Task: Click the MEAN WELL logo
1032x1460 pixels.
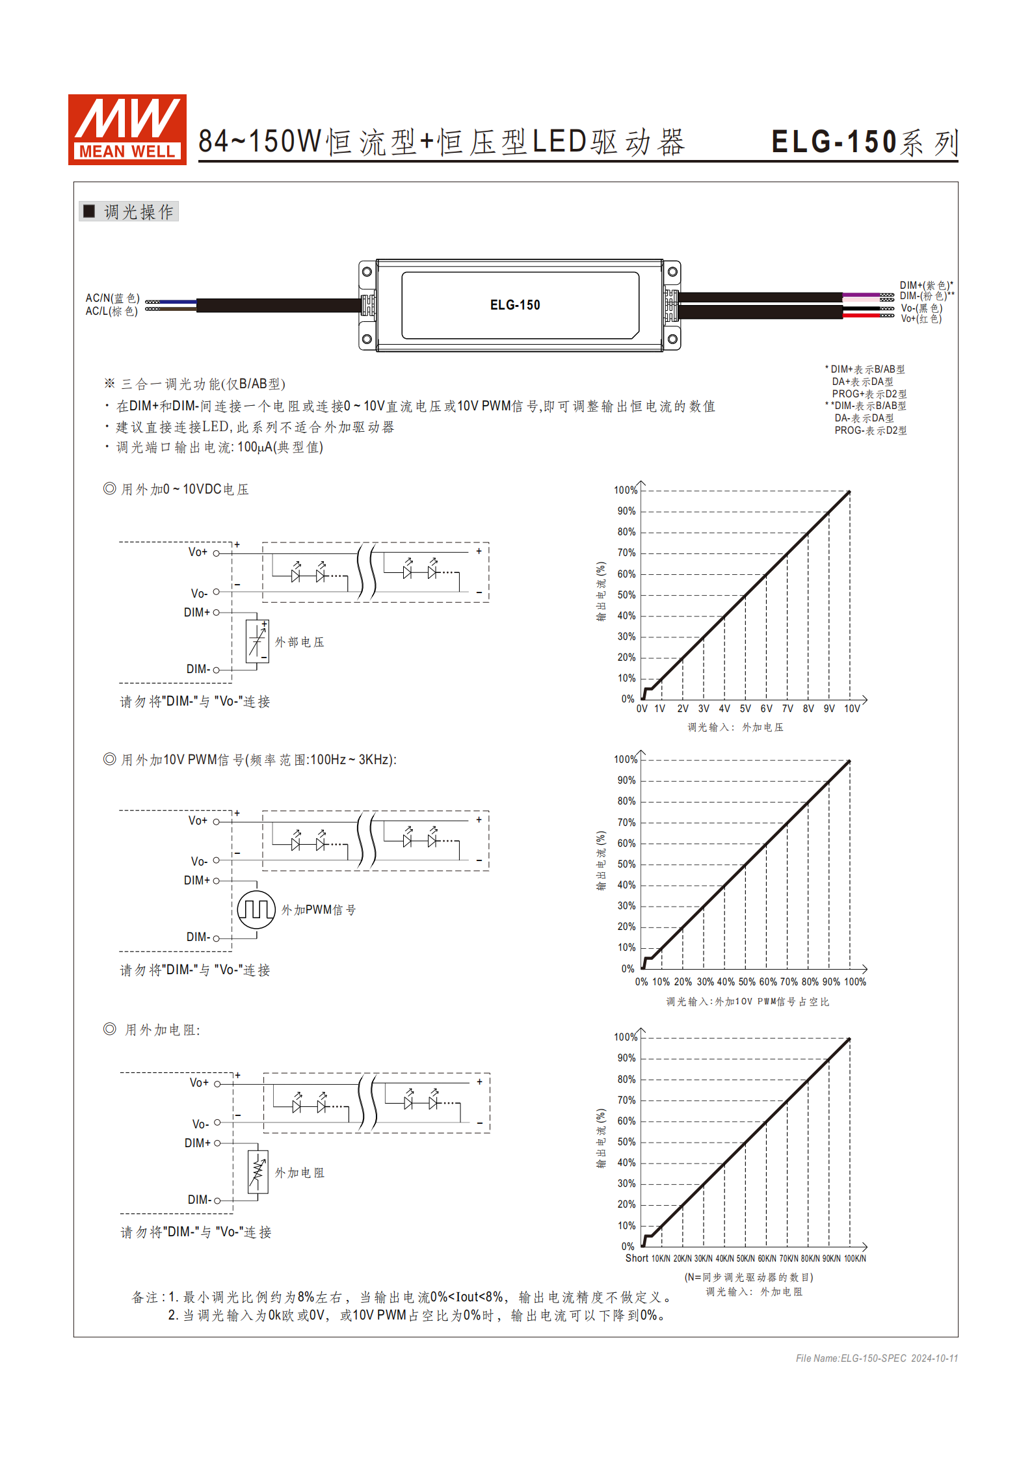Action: pos(127,129)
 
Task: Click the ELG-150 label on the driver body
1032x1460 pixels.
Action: pos(514,305)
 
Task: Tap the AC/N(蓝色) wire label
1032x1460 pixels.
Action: pos(112,298)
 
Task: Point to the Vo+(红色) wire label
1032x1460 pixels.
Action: pos(921,319)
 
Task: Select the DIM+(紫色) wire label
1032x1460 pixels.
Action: pos(925,285)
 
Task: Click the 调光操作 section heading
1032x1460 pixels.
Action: pos(138,212)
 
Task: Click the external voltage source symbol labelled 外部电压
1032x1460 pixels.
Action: pos(257,641)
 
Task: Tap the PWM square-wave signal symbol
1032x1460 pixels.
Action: pos(256,909)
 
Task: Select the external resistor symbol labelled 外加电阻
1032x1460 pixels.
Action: pos(258,1172)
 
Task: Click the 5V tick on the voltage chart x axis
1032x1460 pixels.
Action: pos(745,709)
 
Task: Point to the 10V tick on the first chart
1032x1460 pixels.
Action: pos(852,709)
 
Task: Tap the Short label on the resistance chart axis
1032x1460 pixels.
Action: pos(637,1258)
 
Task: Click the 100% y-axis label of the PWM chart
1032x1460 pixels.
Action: pos(626,760)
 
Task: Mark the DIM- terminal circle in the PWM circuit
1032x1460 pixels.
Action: pos(217,938)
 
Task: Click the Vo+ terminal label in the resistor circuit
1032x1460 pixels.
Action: pos(199,1083)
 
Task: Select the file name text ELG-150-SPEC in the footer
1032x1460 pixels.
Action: pos(873,1358)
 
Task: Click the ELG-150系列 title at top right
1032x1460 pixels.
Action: pos(864,142)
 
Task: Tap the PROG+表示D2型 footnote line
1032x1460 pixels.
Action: pos(869,394)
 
